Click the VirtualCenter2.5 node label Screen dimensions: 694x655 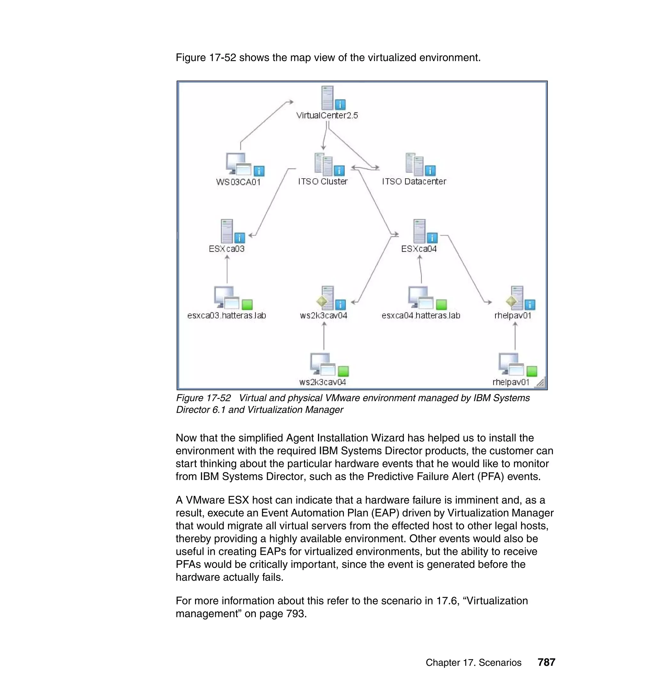[x=327, y=115]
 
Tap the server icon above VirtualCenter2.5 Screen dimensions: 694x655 [x=327, y=98]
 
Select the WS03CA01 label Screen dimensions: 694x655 [x=238, y=182]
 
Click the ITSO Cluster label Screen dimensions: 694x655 [x=323, y=182]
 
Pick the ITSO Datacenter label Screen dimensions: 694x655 [x=414, y=182]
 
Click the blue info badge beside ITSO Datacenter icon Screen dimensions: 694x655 [x=430, y=171]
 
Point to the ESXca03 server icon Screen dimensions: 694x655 [x=227, y=231]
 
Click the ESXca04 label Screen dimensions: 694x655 [x=419, y=249]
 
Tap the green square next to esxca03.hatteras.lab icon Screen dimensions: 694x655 [x=247, y=304]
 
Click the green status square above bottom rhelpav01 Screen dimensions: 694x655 [x=532, y=371]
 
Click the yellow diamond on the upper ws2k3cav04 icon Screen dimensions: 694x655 [x=321, y=301]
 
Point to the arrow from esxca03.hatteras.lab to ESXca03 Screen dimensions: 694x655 [x=227, y=269]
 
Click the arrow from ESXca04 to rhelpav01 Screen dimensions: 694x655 [x=468, y=269]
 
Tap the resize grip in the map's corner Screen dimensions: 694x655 [x=541, y=383]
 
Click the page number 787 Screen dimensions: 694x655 [x=546, y=662]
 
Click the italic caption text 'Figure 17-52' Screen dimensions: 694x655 [x=203, y=398]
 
